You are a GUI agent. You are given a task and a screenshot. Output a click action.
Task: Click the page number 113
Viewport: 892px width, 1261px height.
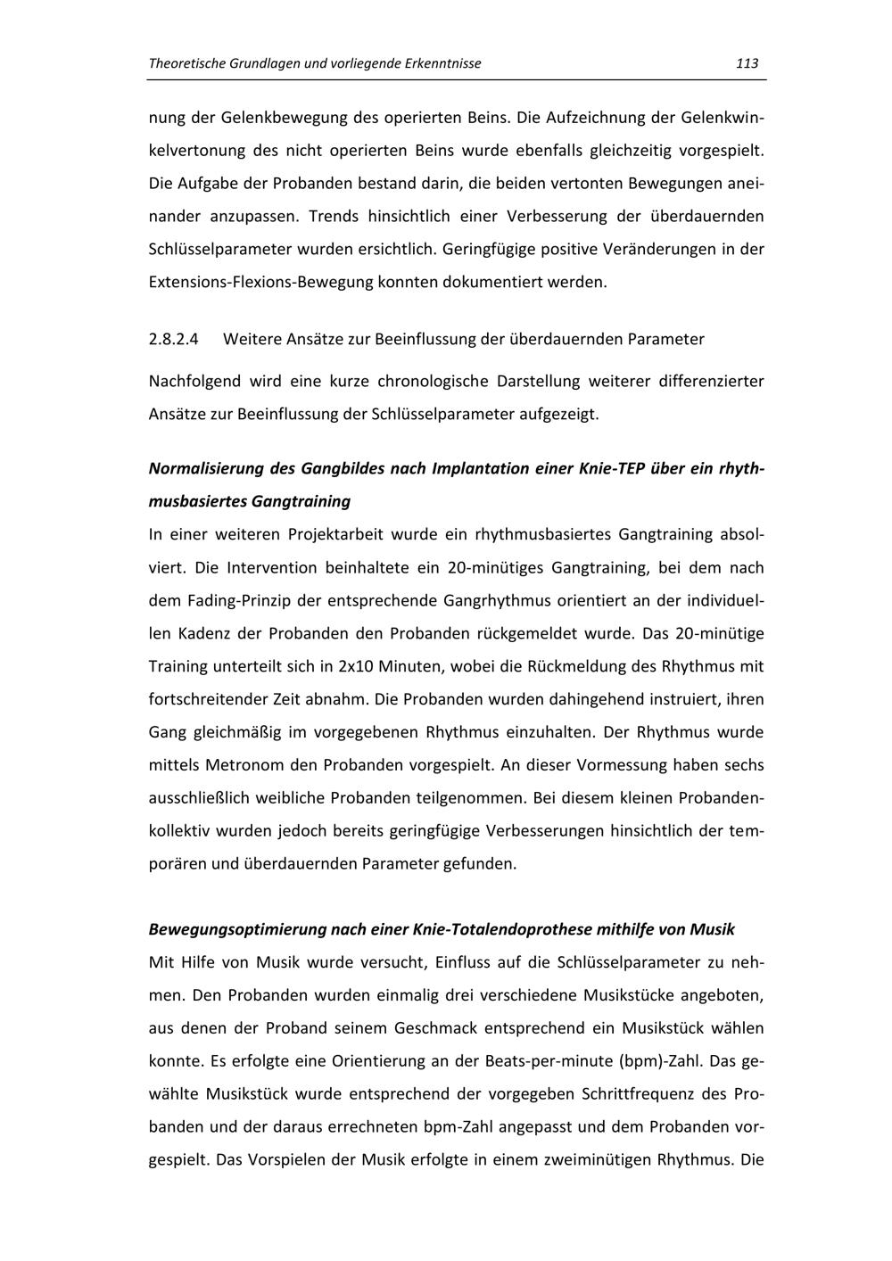point(747,63)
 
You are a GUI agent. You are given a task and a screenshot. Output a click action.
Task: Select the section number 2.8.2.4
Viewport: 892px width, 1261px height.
point(174,339)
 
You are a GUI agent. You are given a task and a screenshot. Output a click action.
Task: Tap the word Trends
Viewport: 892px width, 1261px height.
point(333,216)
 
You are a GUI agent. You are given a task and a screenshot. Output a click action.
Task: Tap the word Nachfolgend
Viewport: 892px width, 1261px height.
point(194,381)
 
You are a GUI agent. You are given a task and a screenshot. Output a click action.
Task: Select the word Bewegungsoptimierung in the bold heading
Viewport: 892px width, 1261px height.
point(237,929)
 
